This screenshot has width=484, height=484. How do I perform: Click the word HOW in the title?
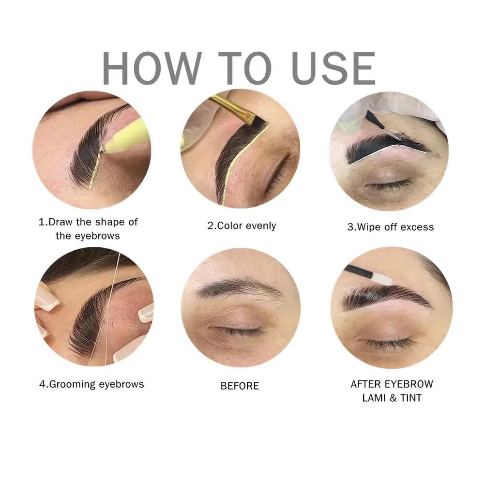coord(151,69)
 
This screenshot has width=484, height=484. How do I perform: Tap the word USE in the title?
coord(330,69)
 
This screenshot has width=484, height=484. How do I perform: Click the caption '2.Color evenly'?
coord(242,226)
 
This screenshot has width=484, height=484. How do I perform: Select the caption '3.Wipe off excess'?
coord(390,227)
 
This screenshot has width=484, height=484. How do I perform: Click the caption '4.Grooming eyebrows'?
coord(91,384)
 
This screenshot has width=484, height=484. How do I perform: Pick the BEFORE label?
coord(240,386)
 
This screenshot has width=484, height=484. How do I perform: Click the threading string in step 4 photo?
coord(104,310)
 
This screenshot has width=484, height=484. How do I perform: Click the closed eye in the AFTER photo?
coord(390,343)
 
